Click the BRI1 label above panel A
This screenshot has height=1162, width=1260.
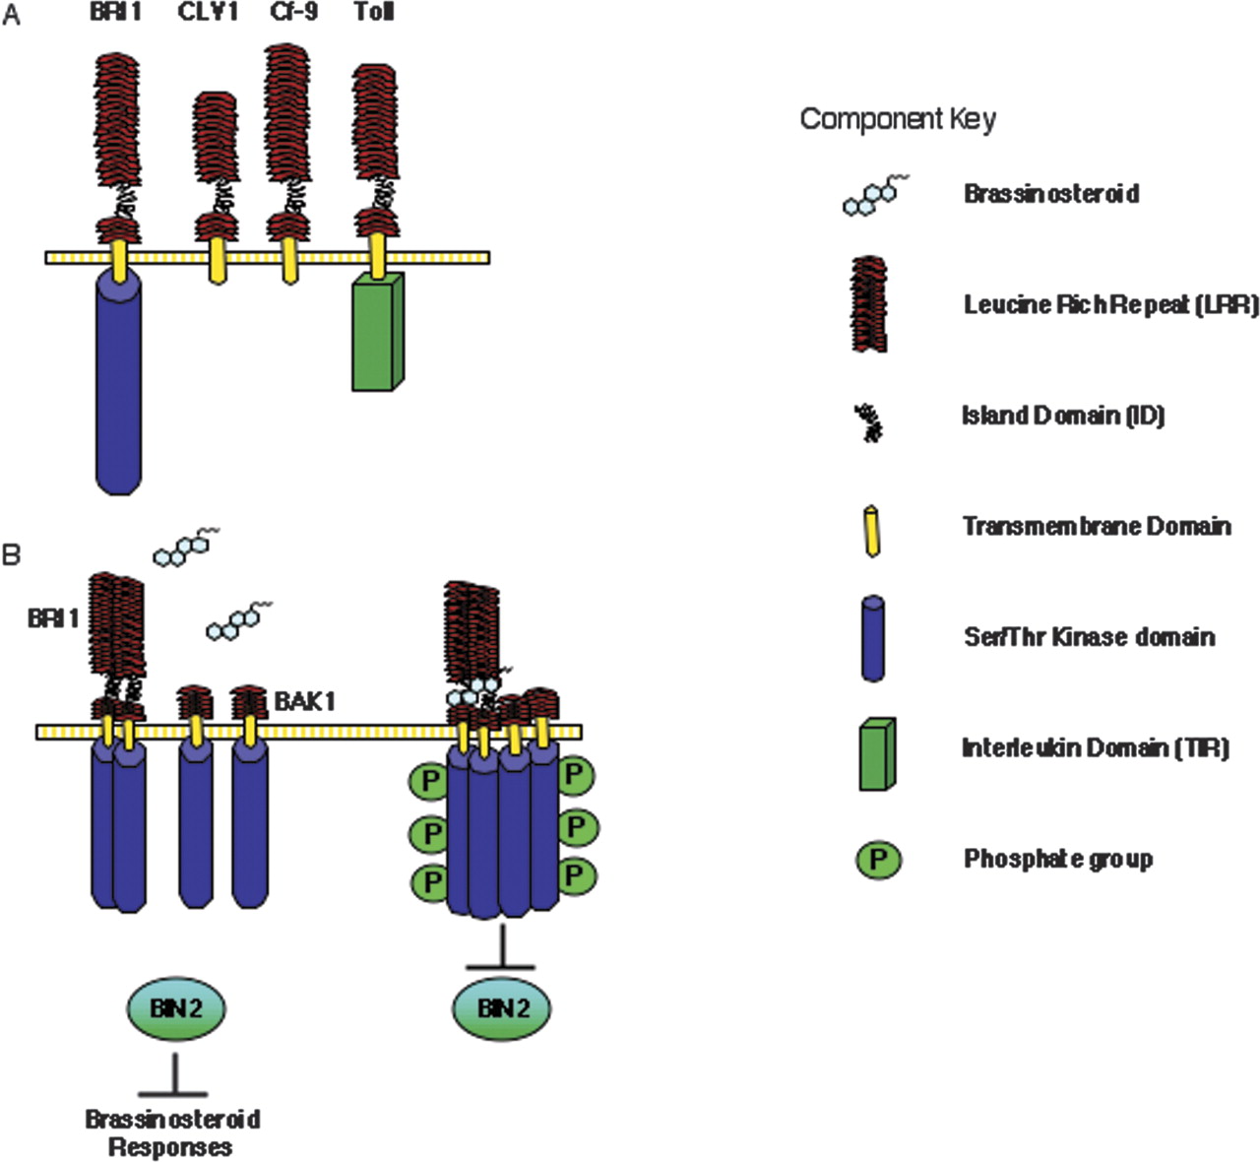[x=116, y=13]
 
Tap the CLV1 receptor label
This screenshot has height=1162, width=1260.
[x=208, y=13]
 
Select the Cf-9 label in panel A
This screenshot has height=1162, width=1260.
[x=293, y=13]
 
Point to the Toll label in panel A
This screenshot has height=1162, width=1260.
[x=374, y=13]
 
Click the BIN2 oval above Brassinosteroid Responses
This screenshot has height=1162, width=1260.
[x=176, y=1007]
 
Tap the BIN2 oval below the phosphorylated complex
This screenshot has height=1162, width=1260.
[x=502, y=1007]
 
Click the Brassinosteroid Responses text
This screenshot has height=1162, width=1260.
[x=172, y=1132]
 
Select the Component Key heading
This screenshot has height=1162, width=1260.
[x=897, y=119]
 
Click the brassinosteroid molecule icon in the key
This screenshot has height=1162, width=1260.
[x=874, y=195]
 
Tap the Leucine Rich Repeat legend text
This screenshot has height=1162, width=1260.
[x=1110, y=305]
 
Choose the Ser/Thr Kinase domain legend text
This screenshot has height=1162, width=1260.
[x=1089, y=637]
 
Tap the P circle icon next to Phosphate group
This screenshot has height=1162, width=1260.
[x=877, y=860]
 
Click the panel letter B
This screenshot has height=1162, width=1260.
[x=11, y=554]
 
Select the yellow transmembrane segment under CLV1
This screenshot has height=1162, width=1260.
[x=217, y=266]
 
